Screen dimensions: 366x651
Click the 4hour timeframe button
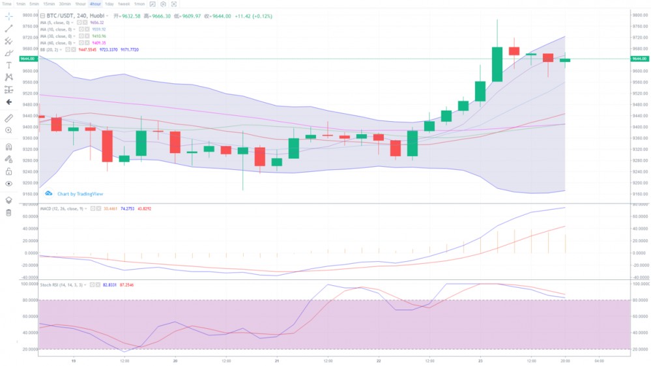[x=95, y=4]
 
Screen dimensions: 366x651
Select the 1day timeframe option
[x=109, y=4]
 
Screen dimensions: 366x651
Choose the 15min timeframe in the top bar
[x=49, y=4]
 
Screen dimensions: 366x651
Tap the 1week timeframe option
[x=123, y=4]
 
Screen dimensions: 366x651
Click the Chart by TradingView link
[x=80, y=193]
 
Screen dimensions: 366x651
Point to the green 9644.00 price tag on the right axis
[x=639, y=59]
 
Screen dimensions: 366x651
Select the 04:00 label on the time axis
[x=599, y=360]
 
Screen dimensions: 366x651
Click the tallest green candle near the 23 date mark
[x=497, y=64]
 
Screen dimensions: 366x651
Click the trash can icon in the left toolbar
[x=8, y=212]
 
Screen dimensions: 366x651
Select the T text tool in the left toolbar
[x=8, y=65]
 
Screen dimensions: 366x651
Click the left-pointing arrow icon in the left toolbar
[x=8, y=102]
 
